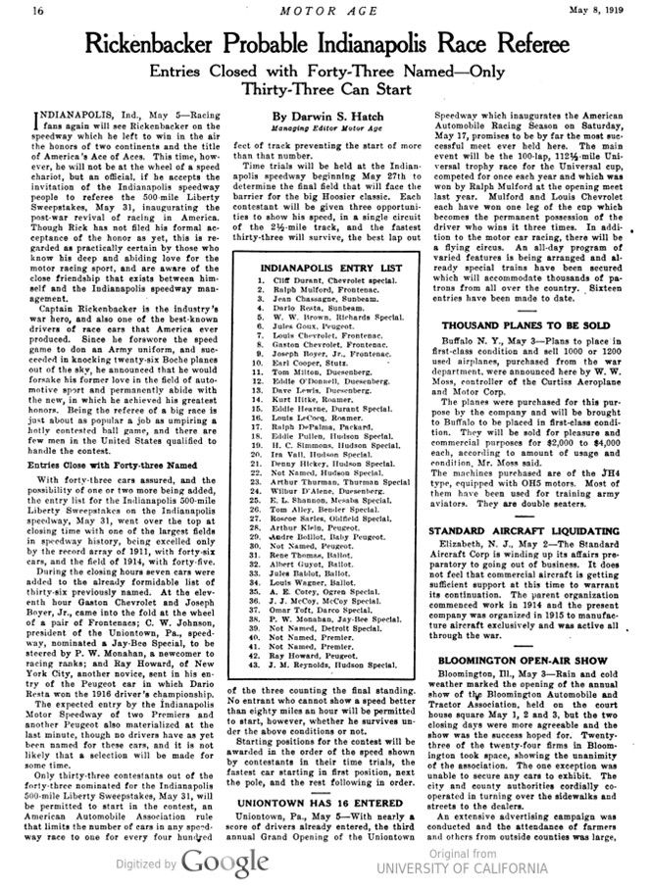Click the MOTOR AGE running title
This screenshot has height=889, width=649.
point(323,11)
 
